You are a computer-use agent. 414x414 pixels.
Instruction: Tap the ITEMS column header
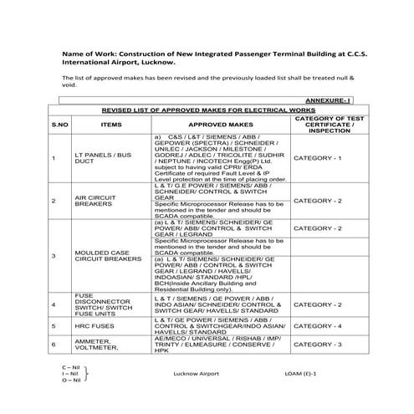point(111,123)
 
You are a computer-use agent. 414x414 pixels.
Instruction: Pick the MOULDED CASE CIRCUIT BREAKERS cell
point(110,255)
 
